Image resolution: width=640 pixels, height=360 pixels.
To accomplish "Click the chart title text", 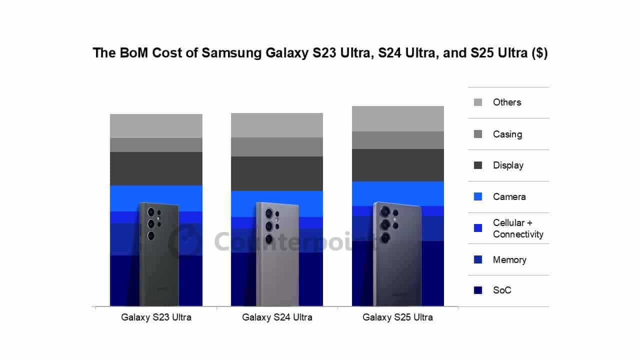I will (320, 53).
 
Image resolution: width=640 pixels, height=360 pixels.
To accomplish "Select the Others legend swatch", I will (478, 102).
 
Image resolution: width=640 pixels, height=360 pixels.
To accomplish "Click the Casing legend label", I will (507, 134).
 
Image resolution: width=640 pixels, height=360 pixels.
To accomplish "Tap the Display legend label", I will (508, 165).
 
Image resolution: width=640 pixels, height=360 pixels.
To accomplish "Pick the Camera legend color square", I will (478, 197).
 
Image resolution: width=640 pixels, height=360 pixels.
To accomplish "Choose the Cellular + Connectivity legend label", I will (517, 228).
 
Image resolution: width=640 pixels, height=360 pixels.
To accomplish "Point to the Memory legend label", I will (509, 259).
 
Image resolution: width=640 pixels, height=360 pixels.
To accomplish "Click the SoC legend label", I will (502, 290).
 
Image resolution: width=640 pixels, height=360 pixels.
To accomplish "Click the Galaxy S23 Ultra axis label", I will (156, 317).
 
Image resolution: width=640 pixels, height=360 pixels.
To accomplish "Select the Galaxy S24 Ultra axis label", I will (277, 317).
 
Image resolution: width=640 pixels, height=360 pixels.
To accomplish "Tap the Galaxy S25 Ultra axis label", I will (397, 317).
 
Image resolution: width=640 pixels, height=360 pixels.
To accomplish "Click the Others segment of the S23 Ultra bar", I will (156, 126).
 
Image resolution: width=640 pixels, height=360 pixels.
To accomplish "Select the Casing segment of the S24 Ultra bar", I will (277, 147).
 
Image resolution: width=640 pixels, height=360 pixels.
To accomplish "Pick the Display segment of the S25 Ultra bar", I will (398, 165).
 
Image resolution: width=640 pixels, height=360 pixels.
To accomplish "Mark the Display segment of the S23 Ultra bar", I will (156, 168).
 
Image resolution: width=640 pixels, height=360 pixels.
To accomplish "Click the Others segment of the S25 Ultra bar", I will (398, 118).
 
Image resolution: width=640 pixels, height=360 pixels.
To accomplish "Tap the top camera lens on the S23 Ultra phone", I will (150, 212).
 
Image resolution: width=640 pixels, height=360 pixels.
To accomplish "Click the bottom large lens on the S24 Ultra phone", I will (269, 239).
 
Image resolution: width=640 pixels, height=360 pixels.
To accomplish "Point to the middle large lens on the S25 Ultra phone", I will (385, 224).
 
